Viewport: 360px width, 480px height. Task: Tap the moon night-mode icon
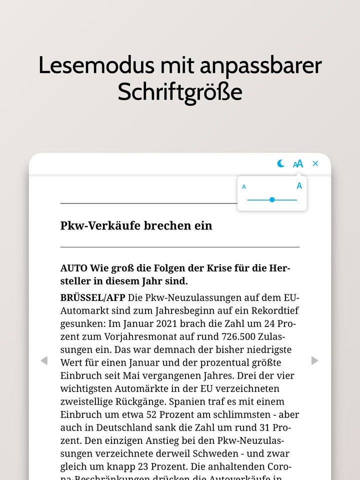281,163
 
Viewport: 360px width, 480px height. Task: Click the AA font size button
298,163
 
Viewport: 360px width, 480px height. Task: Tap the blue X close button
315,163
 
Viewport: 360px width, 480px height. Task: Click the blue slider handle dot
272,199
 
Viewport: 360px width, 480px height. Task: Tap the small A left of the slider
244,187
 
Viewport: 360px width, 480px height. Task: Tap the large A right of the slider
299,186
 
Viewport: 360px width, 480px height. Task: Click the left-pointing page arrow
44,360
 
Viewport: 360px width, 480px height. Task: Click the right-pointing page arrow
314,360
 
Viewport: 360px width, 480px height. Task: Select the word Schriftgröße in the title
180,92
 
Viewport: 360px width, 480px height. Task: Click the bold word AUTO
73,267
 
